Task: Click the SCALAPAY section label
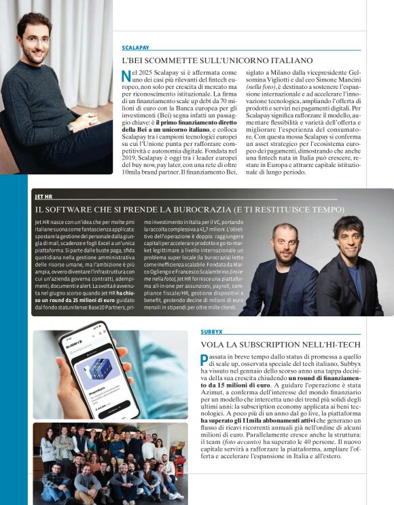click(135, 48)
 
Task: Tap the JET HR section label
click(44, 196)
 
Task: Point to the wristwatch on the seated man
click(70, 126)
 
